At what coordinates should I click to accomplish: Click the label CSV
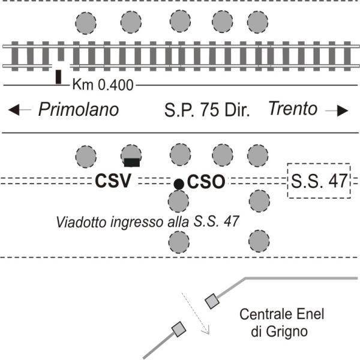[x=113, y=181]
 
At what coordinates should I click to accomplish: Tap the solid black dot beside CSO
[x=179, y=184]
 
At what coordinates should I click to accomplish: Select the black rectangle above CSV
[x=132, y=161]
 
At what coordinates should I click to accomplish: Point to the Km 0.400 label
[x=103, y=85]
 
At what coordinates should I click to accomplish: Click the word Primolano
[x=79, y=110]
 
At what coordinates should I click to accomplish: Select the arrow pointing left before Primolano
[x=22, y=110]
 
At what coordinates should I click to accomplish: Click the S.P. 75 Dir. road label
[x=207, y=110]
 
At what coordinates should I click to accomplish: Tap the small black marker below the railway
[x=58, y=77]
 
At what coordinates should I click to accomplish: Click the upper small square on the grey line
[x=211, y=301]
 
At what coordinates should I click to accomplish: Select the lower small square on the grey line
[x=178, y=328]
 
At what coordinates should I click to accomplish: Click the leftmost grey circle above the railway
[x=86, y=23]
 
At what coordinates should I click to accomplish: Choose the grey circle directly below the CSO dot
[x=179, y=241]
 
